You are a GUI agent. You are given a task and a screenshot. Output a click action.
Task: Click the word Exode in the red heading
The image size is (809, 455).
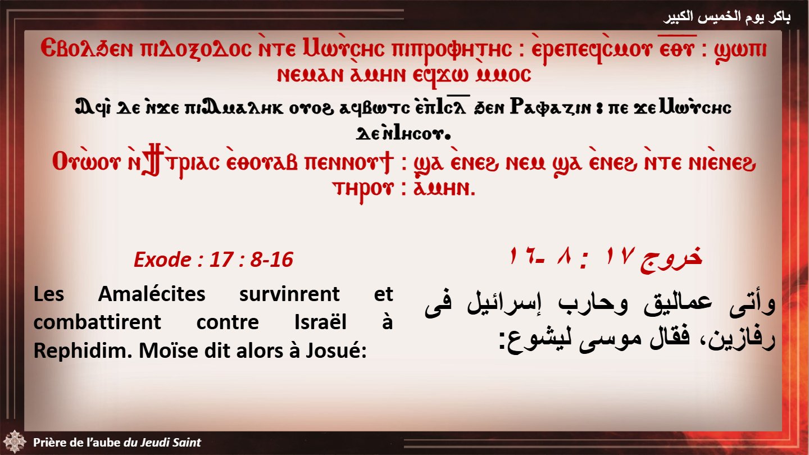(x=162, y=260)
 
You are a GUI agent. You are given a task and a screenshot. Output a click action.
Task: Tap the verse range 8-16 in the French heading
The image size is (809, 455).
(x=271, y=260)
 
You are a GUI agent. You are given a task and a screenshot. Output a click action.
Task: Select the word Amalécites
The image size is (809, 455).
(x=152, y=294)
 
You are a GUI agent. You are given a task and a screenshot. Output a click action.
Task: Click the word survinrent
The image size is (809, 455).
(x=289, y=294)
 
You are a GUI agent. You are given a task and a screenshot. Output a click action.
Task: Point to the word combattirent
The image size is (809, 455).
(x=97, y=322)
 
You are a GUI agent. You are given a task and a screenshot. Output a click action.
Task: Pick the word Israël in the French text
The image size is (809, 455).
(x=320, y=322)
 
